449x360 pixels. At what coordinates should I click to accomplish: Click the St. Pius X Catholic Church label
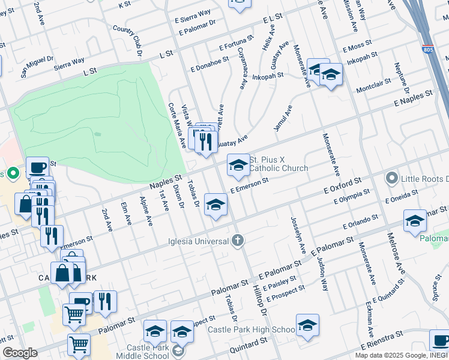coord(278,164)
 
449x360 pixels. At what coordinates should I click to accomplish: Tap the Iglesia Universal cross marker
coord(238,241)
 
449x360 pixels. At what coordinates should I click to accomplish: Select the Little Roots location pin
coord(392,178)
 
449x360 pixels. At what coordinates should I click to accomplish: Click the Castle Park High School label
coord(252,329)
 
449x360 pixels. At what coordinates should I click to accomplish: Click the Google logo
coord(20,353)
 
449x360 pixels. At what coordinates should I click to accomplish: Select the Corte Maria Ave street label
coord(177,126)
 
